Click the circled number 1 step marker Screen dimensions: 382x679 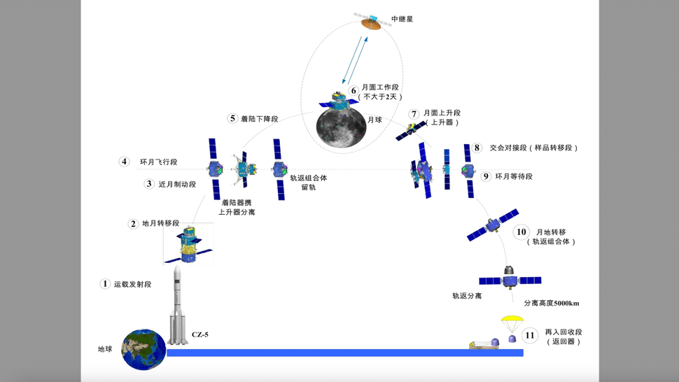[105, 284]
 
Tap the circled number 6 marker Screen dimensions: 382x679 [353, 91]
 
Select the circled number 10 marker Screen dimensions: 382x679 [521, 232]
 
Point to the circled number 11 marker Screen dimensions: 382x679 [530, 336]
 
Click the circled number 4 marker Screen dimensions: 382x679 [124, 162]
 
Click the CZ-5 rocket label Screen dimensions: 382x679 [200, 335]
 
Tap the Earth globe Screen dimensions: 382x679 [143, 349]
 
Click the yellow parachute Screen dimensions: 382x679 [512, 323]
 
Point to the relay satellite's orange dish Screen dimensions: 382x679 [370, 25]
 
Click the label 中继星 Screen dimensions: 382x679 [402, 20]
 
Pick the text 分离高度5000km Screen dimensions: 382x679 [552, 304]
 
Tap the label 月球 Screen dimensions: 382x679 [374, 120]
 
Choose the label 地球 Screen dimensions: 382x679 [105, 349]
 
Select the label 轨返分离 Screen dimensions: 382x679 [466, 296]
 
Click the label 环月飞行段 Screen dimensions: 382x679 [158, 162]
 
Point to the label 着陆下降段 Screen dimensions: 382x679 [260, 119]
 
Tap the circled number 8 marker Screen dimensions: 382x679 [477, 148]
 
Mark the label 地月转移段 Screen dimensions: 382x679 [161, 224]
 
